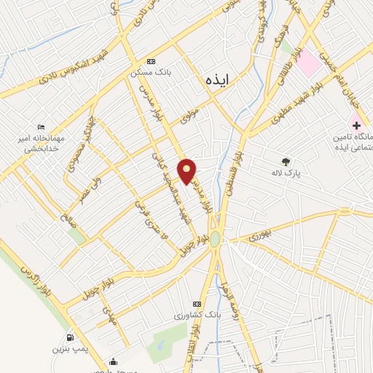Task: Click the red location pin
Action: [x=187, y=171]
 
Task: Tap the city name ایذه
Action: [x=216, y=80]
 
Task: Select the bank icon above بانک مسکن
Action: [x=151, y=62]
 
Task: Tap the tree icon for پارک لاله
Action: [x=286, y=161]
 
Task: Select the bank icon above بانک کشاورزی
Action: [x=195, y=304]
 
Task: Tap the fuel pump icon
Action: [x=70, y=337]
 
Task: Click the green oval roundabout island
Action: [x=216, y=240]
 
